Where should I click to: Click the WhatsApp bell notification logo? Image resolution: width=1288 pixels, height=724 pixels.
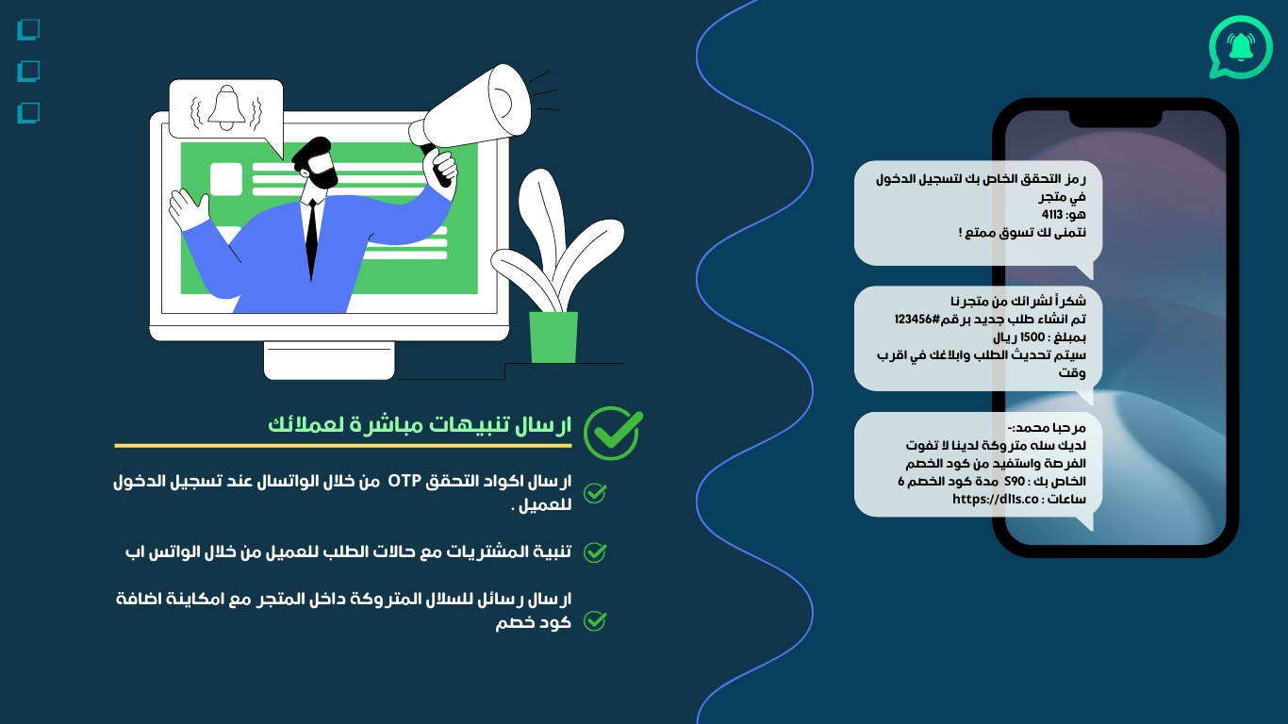(1240, 47)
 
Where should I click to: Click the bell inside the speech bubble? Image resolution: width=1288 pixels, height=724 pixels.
(226, 108)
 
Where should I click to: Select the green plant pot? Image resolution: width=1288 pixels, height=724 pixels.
(553, 337)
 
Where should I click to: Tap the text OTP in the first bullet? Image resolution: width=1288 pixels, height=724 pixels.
(405, 481)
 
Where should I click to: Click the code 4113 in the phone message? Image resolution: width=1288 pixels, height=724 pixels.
(1051, 215)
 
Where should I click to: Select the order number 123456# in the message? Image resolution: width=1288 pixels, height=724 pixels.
(917, 320)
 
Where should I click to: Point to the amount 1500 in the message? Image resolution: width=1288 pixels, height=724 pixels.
(1032, 337)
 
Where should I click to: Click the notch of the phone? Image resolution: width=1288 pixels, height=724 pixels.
(1115, 119)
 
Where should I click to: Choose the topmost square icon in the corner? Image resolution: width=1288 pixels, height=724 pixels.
(28, 30)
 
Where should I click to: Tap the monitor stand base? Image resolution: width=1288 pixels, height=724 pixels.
(329, 360)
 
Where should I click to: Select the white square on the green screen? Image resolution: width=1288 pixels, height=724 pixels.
(226, 179)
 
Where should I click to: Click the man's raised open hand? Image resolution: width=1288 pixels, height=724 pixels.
(188, 209)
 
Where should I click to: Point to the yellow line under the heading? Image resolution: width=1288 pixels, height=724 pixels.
(342, 446)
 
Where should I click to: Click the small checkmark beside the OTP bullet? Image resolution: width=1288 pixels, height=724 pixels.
(595, 493)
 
